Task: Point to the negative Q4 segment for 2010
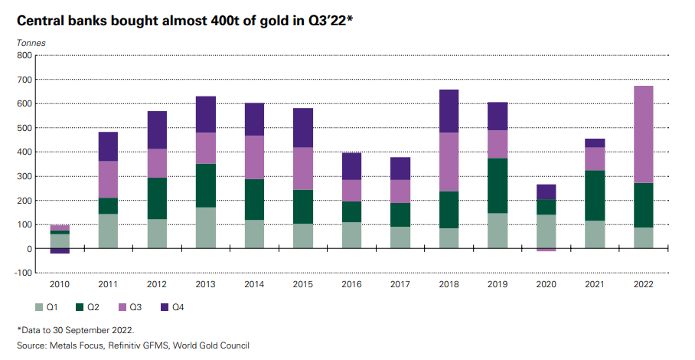pos(60,251)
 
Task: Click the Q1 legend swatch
pos(40,306)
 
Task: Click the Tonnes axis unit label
pos(31,42)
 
